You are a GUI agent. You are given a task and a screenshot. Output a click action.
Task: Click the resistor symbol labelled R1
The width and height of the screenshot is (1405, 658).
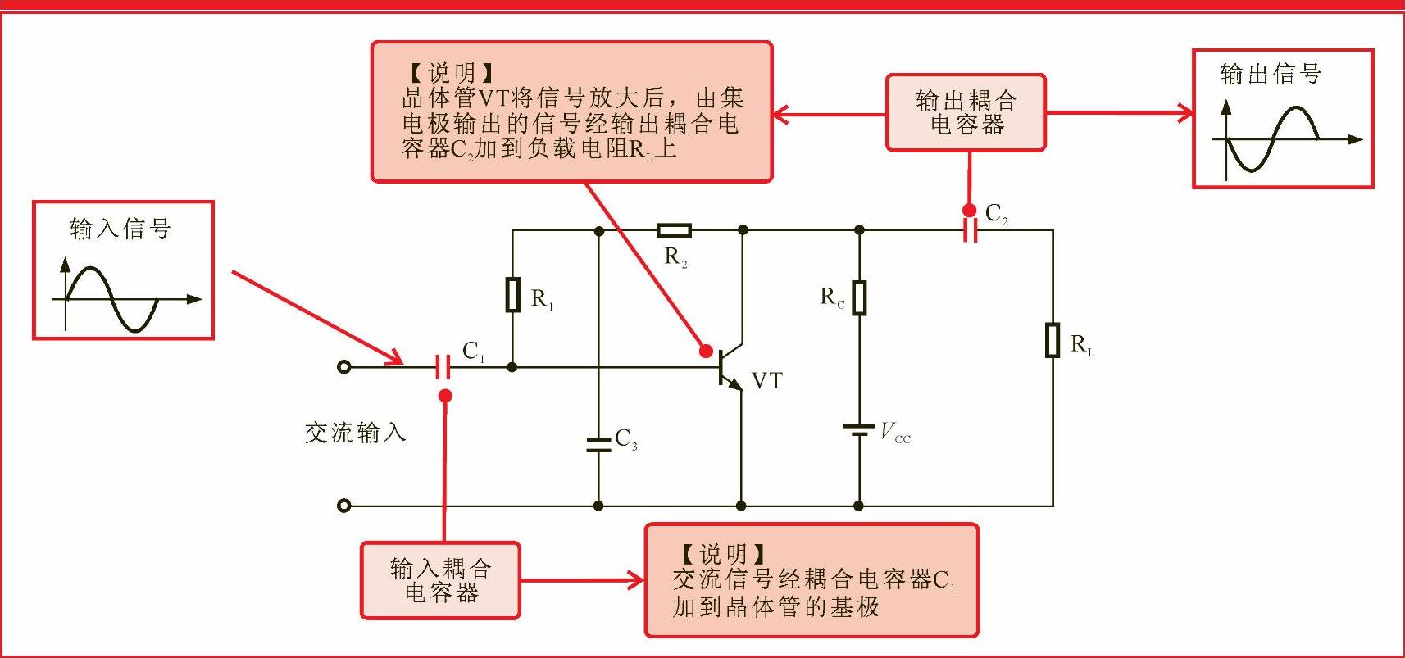point(513,295)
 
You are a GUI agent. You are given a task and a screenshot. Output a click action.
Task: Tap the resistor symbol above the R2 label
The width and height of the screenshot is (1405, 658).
point(674,231)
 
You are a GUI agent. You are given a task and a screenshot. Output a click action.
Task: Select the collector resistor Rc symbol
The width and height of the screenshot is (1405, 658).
point(859,298)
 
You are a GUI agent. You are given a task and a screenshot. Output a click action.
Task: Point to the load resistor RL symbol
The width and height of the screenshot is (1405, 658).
point(1053,340)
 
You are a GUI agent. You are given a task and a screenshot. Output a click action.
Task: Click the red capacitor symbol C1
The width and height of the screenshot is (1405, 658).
point(443,367)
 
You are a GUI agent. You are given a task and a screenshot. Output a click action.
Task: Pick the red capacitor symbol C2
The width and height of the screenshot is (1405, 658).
point(970,231)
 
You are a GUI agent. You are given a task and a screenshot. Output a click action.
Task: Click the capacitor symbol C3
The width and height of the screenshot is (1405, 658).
point(598,443)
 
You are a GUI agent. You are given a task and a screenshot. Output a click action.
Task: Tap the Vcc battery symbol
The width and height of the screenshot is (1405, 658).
point(859,430)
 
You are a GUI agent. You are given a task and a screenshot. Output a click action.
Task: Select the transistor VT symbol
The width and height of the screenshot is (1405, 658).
point(730,366)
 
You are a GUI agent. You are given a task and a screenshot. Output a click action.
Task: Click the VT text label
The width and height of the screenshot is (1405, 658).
point(767,381)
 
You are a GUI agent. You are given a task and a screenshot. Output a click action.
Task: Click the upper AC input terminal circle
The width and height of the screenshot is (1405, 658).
point(344,367)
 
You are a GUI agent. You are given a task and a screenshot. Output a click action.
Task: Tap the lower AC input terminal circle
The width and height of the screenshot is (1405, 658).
point(344,506)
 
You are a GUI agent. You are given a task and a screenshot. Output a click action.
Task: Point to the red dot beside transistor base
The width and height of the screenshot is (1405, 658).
point(705,351)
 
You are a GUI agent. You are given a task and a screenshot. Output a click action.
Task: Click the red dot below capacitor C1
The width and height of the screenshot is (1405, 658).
point(445,396)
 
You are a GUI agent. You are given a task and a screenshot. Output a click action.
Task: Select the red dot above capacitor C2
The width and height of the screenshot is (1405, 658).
point(970,210)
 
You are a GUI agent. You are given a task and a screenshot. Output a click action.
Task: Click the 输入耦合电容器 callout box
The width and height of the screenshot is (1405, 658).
point(440,580)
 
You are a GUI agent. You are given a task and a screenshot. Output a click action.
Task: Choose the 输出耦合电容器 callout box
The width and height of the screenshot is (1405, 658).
point(966,113)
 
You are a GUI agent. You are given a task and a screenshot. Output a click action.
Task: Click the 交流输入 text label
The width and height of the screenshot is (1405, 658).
point(355,432)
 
